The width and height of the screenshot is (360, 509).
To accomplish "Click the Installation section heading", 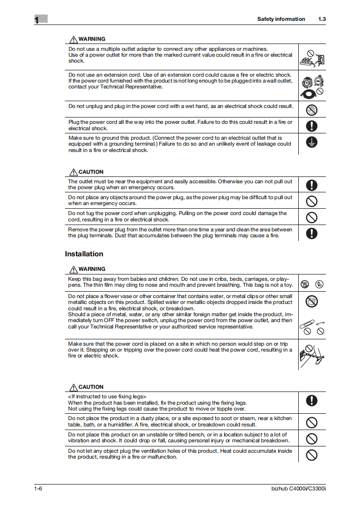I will tap(84, 254).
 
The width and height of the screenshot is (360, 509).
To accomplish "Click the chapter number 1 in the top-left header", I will tap(37, 20).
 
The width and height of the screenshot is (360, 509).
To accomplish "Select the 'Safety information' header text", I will tap(281, 19).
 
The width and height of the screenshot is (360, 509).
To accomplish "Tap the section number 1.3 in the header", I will tap(322, 19).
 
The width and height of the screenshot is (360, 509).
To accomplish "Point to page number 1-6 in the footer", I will tap(38, 489).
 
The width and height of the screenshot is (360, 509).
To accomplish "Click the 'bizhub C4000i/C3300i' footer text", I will tap(298, 489).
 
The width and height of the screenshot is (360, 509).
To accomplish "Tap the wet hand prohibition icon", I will tap(312, 109).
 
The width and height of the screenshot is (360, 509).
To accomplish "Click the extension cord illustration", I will tap(312, 85).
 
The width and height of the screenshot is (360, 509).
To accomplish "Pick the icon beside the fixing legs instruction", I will tap(312, 400).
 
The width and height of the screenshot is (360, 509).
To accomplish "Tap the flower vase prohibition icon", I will tap(312, 301).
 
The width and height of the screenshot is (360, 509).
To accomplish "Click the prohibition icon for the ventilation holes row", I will tap(312, 455).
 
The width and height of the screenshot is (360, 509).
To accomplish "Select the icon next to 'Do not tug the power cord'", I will tap(312, 217).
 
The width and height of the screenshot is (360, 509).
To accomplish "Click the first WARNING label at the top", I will tap(92, 39).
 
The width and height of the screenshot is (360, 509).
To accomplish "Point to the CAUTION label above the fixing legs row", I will tap(91, 387).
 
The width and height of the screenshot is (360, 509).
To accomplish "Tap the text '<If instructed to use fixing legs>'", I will tap(107, 396).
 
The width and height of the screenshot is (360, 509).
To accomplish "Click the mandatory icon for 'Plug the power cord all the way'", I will tap(312, 126).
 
